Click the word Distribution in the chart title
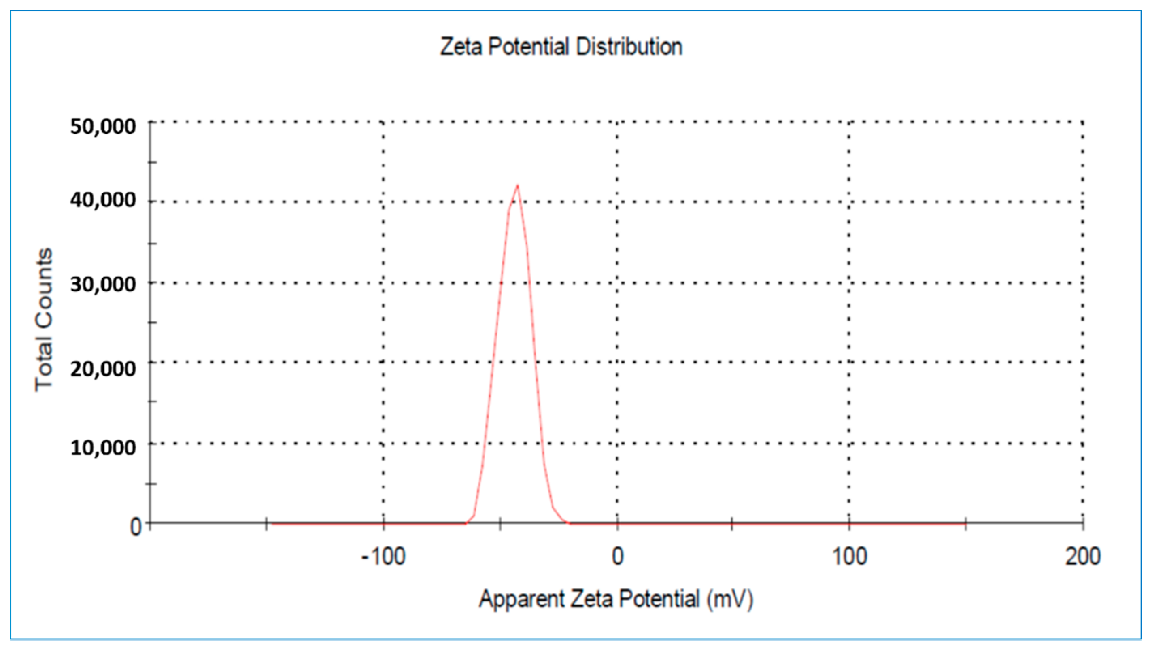point(629,47)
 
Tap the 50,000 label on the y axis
point(103,126)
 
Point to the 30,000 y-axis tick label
point(103,284)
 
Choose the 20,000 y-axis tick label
point(103,369)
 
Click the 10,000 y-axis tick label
point(103,447)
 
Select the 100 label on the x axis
point(850,556)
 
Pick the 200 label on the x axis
point(1082,556)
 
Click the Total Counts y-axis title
point(44,320)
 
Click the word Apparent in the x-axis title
point(522,599)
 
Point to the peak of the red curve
point(518,185)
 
